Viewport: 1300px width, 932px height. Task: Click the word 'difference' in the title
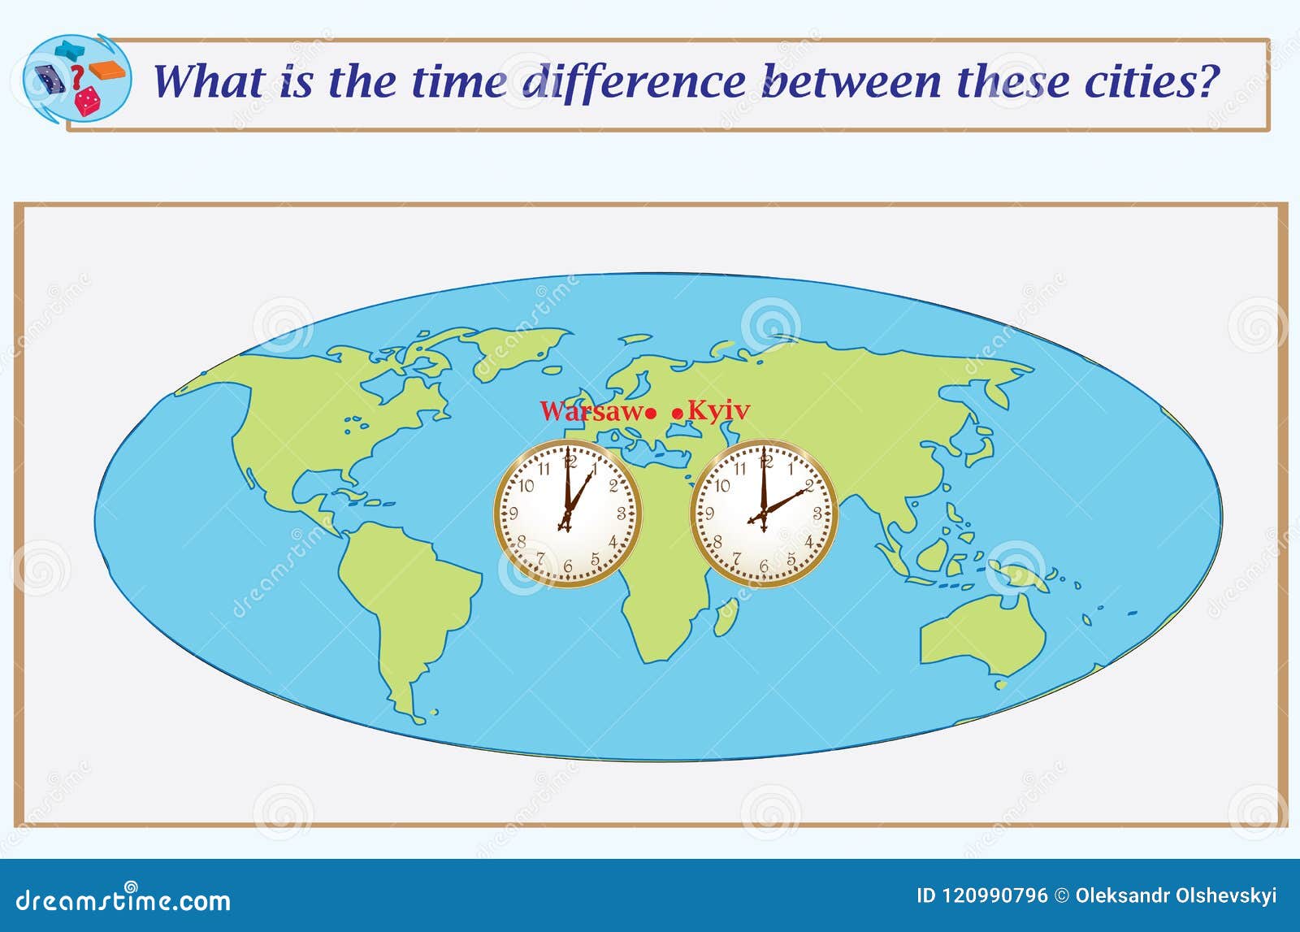633,82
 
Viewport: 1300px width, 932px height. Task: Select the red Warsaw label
590,411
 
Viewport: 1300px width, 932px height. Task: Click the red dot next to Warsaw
651,414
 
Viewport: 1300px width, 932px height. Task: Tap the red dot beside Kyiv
678,414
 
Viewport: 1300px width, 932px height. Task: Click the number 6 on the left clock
568,566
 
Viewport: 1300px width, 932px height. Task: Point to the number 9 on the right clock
709,514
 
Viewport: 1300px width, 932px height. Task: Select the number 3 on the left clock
622,514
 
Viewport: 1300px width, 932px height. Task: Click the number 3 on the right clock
817,514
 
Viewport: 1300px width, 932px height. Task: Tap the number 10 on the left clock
526,486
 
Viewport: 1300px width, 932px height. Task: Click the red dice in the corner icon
86,101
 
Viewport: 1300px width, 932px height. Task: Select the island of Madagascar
726,616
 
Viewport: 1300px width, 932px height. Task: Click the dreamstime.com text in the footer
123,899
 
